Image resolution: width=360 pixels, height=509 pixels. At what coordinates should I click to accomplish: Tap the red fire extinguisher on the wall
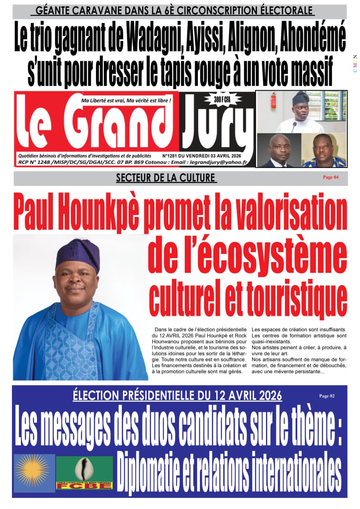coord(273,101)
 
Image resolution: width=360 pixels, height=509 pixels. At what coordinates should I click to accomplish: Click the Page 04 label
coord(330,177)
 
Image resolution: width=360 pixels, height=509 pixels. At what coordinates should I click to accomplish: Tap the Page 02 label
coord(327,396)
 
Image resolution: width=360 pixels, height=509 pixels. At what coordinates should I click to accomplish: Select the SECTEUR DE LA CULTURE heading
coord(166,178)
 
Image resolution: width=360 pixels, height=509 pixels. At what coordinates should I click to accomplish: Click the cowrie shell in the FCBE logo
coord(85,469)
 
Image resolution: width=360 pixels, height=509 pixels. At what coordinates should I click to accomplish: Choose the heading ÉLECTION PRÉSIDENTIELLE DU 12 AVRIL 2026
coord(177,395)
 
